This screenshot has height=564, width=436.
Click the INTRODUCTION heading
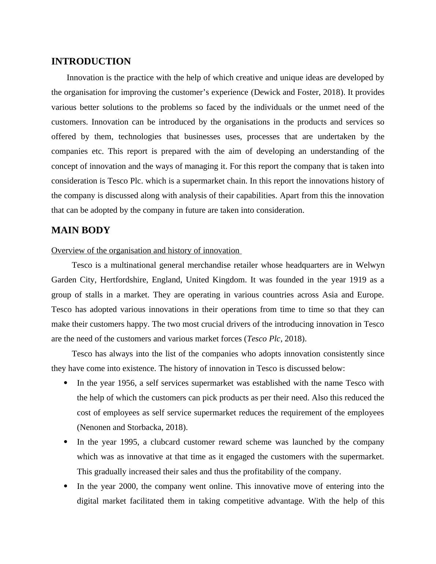(x=91, y=62)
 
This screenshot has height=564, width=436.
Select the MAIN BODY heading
(x=81, y=230)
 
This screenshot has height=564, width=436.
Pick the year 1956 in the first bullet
(x=126, y=383)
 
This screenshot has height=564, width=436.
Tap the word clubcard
(x=165, y=442)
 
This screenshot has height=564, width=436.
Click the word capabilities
(x=256, y=196)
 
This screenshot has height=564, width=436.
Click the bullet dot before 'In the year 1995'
(x=66, y=442)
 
